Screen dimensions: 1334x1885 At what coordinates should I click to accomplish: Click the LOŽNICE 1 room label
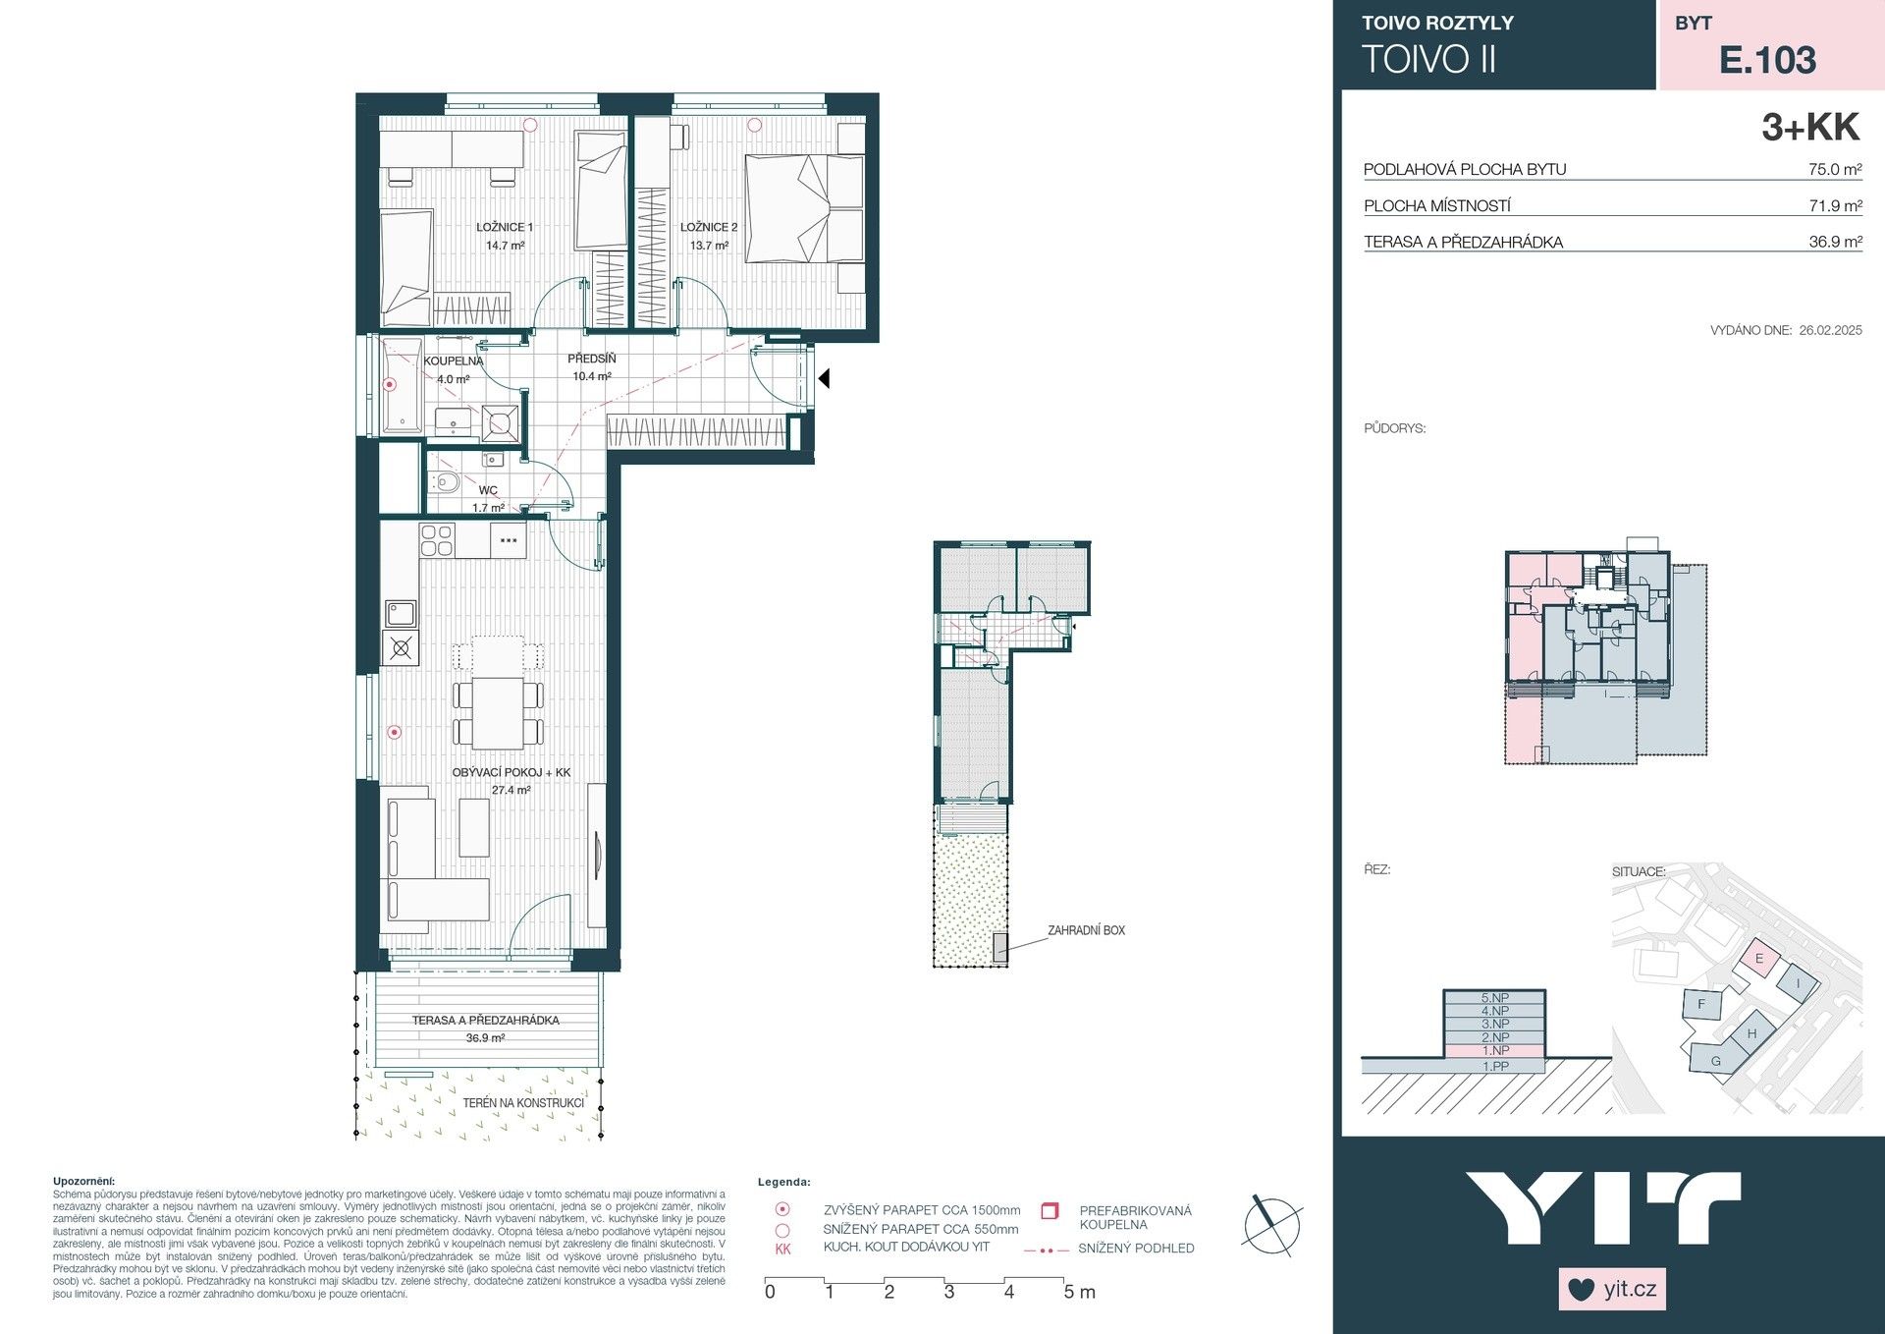505,227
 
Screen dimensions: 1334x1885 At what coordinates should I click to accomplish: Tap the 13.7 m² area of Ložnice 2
709,246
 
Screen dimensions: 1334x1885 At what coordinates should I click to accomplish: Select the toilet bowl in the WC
447,482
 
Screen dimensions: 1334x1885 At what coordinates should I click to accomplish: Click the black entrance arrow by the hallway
825,378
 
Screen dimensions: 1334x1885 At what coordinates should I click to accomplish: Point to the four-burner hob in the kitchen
437,540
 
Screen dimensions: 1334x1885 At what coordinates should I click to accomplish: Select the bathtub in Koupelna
401,385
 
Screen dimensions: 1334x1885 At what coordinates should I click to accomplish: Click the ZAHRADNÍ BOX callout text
1086,930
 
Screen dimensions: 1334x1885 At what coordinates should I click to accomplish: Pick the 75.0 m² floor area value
1834,169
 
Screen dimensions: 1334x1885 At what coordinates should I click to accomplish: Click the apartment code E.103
1767,60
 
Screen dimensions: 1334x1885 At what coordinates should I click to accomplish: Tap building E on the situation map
1758,959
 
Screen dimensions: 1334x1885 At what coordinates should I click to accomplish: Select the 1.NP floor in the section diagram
1494,1051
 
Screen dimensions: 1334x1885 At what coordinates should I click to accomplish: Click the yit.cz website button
1612,1289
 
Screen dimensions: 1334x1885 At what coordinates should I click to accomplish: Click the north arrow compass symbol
1272,1225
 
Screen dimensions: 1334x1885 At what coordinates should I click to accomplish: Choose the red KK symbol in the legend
782,1249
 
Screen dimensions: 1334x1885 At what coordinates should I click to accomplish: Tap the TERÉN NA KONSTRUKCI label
523,1103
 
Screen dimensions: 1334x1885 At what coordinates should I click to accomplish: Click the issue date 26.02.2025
1830,331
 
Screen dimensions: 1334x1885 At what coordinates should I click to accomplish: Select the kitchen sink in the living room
400,614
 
